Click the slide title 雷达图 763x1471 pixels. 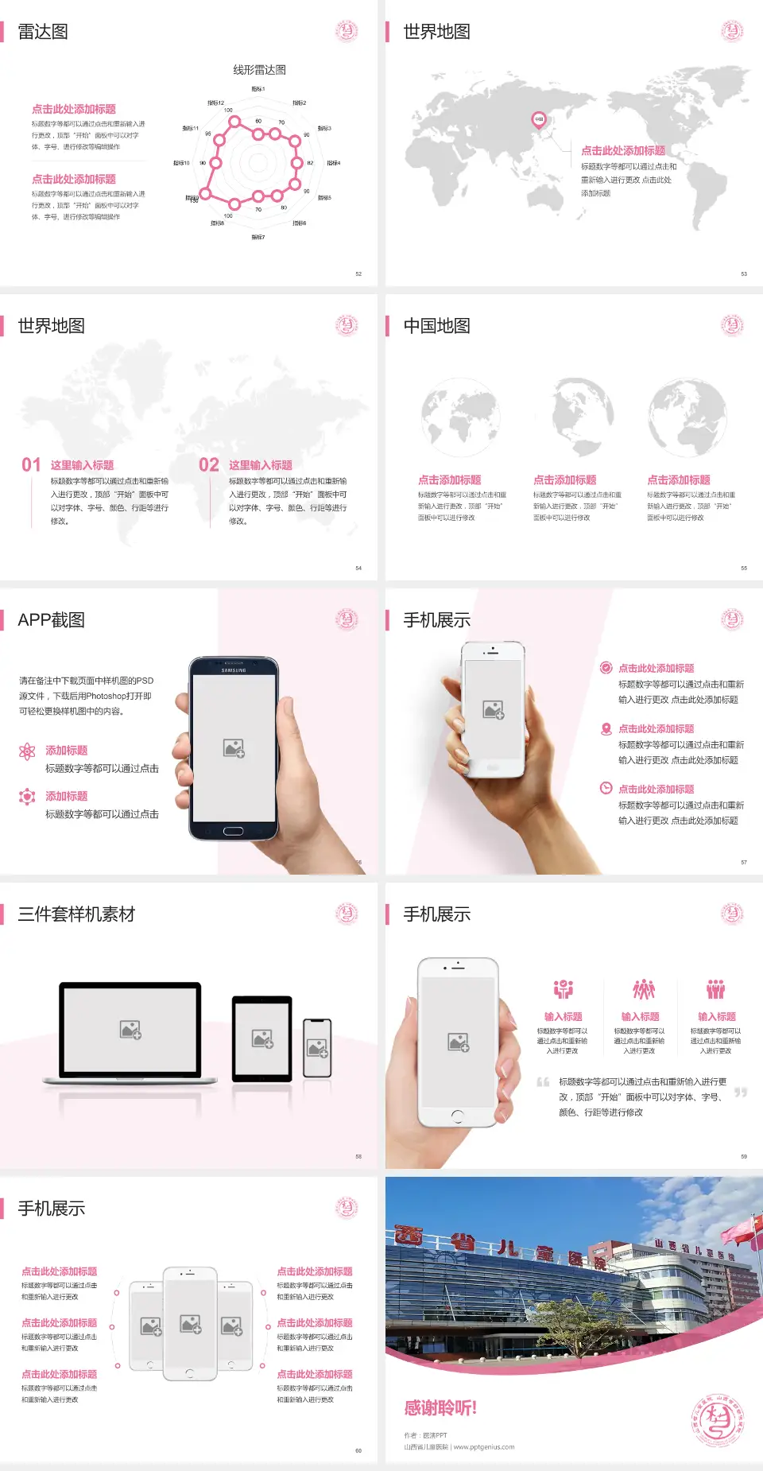pyautogui.click(x=43, y=32)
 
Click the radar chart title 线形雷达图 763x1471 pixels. pyautogui.click(x=259, y=70)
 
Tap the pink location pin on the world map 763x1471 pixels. pyautogui.click(x=539, y=120)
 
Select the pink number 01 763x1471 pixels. pyautogui.click(x=31, y=465)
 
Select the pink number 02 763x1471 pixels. pyautogui.click(x=209, y=465)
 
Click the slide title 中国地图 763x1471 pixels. pyautogui.click(x=436, y=326)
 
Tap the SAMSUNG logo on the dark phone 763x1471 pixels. pyautogui.click(x=234, y=670)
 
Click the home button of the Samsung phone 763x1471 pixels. pyautogui.click(x=233, y=831)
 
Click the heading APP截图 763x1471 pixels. pyautogui.click(x=52, y=620)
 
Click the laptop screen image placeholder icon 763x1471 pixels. pyautogui.click(x=130, y=1030)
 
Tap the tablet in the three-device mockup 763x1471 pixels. pyautogui.click(x=262, y=1038)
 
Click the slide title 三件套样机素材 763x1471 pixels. pyautogui.click(x=76, y=914)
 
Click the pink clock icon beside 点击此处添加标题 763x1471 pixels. pyautogui.click(x=606, y=788)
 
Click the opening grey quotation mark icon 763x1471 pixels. pyautogui.click(x=543, y=1082)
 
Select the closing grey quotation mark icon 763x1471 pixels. pyautogui.click(x=741, y=1093)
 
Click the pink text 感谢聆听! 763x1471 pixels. pyautogui.click(x=440, y=1408)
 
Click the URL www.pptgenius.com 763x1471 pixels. pyautogui.click(x=484, y=1447)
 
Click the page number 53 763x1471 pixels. pyautogui.click(x=744, y=274)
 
